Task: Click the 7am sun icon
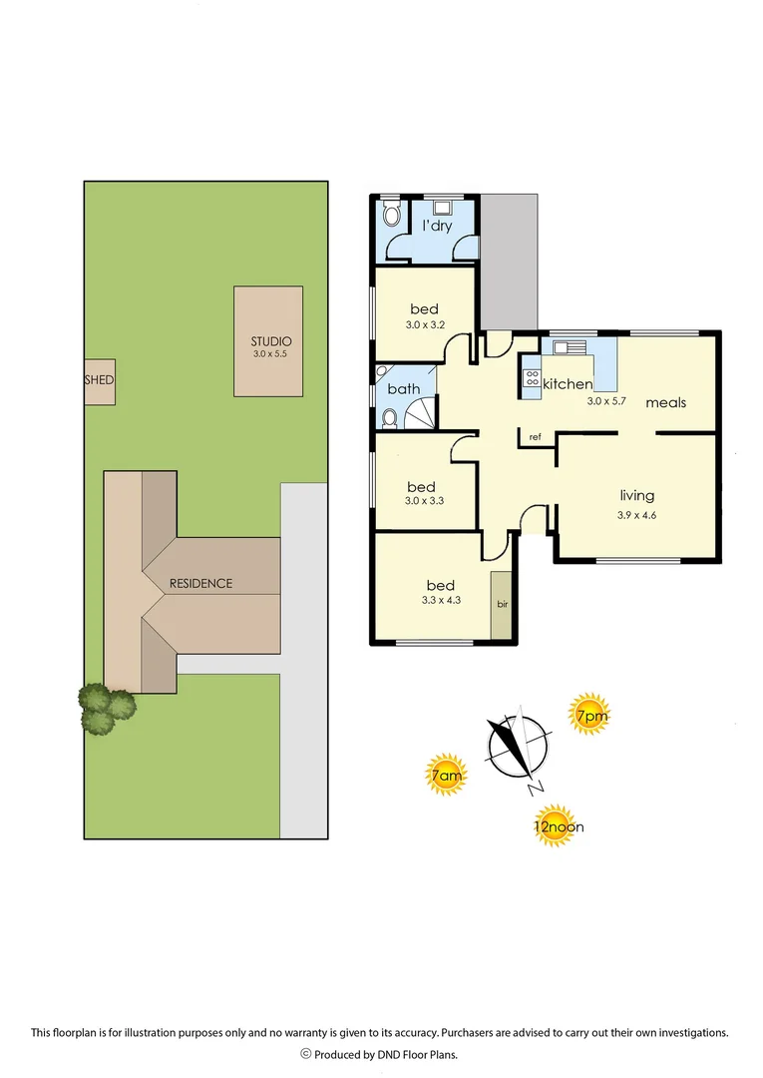click(x=446, y=776)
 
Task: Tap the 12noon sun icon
click(x=559, y=826)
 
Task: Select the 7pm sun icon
click(x=588, y=715)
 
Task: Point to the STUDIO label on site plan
click(x=269, y=341)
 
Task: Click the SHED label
click(x=99, y=380)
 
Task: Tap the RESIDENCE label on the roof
click(x=200, y=583)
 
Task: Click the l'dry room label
click(x=437, y=226)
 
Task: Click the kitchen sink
click(x=570, y=347)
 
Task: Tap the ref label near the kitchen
click(x=536, y=436)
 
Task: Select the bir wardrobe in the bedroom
click(x=502, y=604)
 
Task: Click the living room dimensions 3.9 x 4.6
click(x=636, y=515)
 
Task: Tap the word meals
click(x=665, y=402)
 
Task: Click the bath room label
click(x=405, y=389)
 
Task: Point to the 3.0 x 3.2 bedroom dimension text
click(x=423, y=325)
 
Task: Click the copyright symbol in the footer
click(x=306, y=1054)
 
